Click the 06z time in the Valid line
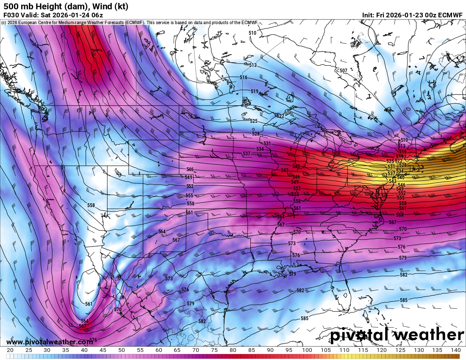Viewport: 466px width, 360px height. point(97,15)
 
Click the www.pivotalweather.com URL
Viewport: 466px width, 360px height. point(50,342)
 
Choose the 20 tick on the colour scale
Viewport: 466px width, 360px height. point(10,350)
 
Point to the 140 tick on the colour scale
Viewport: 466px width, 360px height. point(455,350)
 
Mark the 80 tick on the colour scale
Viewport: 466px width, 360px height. point(233,350)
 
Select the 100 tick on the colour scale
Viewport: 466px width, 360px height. point(307,350)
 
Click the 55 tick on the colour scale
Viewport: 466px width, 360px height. point(140,350)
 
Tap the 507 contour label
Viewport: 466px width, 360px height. point(344,70)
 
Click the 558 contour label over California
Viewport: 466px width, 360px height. point(91,205)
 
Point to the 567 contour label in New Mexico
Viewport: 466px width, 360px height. point(176,240)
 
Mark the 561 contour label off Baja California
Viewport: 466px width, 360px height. point(89,304)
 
